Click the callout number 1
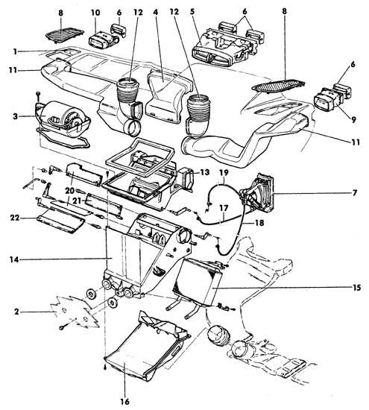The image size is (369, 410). click(16, 51)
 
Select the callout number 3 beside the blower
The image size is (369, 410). click(16, 116)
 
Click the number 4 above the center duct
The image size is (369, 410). click(156, 12)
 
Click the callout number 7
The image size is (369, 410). click(355, 193)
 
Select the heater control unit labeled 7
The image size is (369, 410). click(258, 192)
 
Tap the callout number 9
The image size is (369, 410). click(353, 120)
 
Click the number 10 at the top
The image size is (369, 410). click(95, 12)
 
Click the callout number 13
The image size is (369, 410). click(205, 172)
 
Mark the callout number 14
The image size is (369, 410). click(14, 259)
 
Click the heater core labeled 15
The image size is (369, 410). click(198, 282)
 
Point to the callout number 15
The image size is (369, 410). click(356, 288)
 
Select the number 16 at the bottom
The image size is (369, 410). click(125, 401)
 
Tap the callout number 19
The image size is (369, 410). click(224, 172)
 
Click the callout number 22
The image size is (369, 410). click(15, 218)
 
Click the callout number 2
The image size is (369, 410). click(16, 312)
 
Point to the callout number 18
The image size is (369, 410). click(259, 223)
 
